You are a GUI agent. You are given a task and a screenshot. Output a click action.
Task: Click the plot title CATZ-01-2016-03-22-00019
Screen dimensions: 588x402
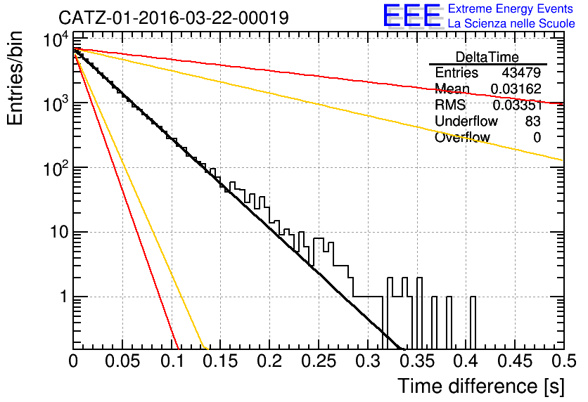[x=174, y=18]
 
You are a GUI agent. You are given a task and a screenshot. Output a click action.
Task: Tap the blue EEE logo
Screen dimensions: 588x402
[x=412, y=15]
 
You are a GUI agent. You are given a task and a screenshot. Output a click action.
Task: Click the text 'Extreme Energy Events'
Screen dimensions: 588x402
[x=511, y=8]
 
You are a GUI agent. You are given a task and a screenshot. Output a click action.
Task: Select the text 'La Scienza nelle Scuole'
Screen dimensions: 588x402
[x=511, y=23]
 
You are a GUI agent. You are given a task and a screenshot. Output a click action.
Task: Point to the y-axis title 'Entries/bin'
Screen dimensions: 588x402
[x=15, y=79]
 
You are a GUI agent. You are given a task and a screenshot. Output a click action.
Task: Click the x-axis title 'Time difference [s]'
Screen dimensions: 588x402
[x=481, y=386]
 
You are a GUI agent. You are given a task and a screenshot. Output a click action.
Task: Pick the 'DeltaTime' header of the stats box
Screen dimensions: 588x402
[x=487, y=57]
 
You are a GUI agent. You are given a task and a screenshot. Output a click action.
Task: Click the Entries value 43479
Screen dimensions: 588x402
[x=521, y=72]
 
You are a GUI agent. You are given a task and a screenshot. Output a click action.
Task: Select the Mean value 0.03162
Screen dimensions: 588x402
[x=516, y=89]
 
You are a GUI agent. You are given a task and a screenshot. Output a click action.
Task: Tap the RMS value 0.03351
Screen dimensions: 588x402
[x=517, y=105]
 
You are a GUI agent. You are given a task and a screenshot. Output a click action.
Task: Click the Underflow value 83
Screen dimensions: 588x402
[x=533, y=121]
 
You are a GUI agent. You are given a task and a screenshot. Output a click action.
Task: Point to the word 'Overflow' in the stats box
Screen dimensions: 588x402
[x=462, y=138]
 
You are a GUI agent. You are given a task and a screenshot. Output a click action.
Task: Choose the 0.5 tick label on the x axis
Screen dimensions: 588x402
[x=564, y=361]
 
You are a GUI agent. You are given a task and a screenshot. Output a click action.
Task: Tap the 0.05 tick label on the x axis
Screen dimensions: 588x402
[x=122, y=361]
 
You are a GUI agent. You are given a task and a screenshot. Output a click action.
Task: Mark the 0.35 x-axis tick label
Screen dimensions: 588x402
[x=416, y=361]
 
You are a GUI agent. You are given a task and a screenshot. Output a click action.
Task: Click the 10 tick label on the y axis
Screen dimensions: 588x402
[x=59, y=233]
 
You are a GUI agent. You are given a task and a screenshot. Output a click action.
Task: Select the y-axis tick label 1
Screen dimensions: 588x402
[x=63, y=297]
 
